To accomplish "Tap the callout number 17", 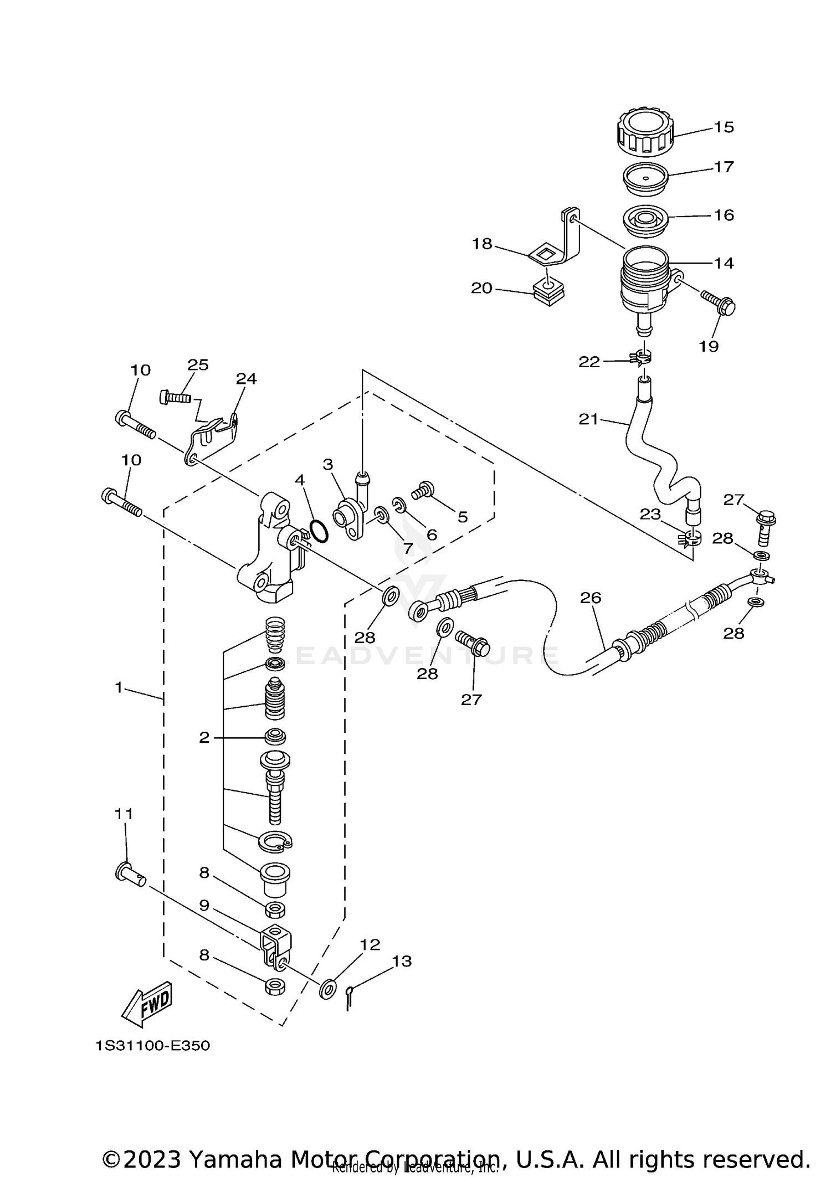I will pyautogui.click(x=724, y=167).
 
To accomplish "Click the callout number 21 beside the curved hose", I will pyautogui.click(x=589, y=420).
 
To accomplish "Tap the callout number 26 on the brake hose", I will pyautogui.click(x=591, y=598).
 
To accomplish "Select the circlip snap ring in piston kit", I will pyautogui.click(x=275, y=842).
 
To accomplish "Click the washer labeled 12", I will pyautogui.click(x=327, y=989).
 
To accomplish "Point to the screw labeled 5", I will pyautogui.click(x=424, y=490).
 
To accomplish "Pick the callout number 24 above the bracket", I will pyautogui.click(x=246, y=379).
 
